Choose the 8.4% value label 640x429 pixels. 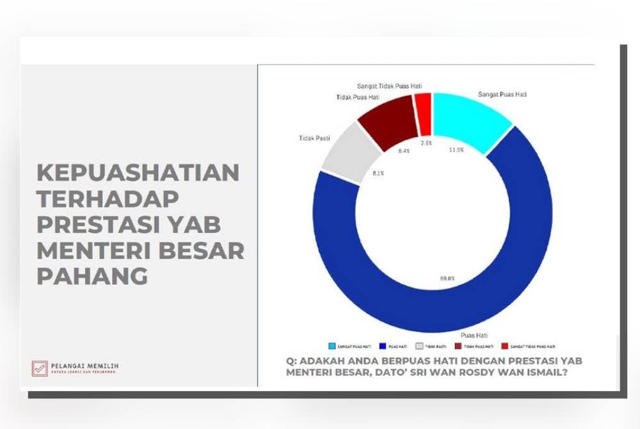403,151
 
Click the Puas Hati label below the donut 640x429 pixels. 476,335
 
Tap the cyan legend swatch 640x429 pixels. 332,346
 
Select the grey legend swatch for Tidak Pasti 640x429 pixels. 420,346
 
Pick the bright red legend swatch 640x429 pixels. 506,346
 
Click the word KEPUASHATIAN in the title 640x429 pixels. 138,172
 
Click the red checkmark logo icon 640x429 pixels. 40,368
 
